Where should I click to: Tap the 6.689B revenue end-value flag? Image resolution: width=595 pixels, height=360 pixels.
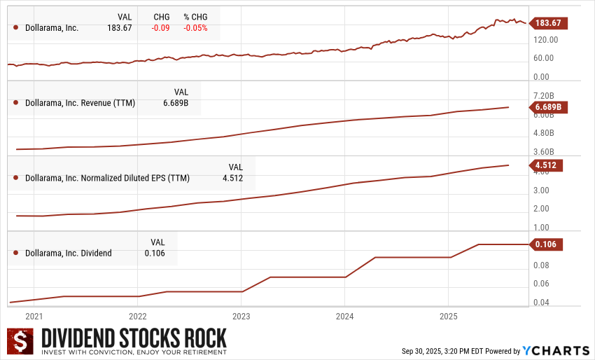[x=548, y=107]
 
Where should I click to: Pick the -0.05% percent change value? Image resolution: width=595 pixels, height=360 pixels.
[x=195, y=28]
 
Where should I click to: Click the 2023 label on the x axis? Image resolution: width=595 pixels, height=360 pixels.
[x=241, y=316]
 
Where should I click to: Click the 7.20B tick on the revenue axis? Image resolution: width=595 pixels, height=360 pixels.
[x=544, y=95]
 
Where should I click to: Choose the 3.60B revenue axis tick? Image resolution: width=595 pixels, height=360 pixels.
[x=544, y=151]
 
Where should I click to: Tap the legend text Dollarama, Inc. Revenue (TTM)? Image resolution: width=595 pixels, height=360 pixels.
[x=80, y=103]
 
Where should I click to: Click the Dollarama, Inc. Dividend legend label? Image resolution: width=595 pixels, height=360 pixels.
[x=68, y=253]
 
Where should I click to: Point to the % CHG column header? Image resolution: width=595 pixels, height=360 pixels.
[x=195, y=17]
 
